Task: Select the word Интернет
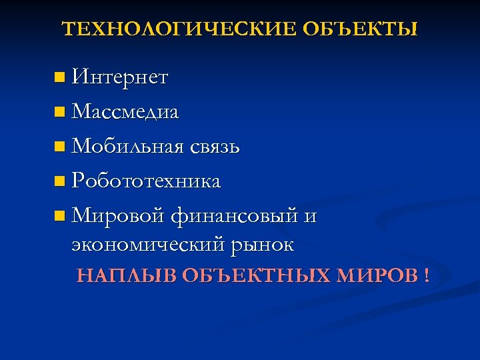[x=120, y=78]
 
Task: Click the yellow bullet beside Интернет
[x=61, y=79]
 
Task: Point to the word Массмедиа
[x=125, y=111]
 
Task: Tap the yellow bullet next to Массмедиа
[x=61, y=112]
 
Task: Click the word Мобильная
[x=125, y=146]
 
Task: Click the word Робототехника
[x=146, y=181]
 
